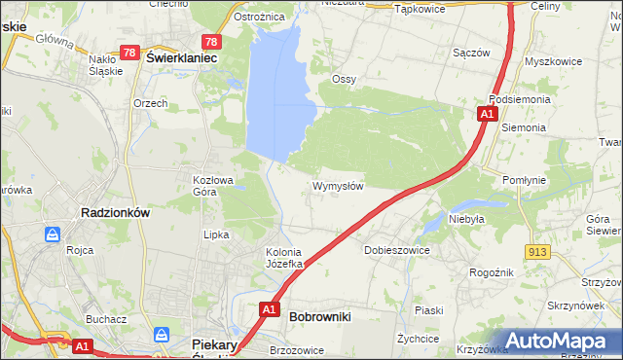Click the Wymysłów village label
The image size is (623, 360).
tap(338, 186)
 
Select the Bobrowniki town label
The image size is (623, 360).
tap(320, 316)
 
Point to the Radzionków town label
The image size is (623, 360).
tap(114, 214)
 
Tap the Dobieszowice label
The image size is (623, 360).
tap(396, 250)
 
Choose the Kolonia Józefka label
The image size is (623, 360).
tap(286, 258)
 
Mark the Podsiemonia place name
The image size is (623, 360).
tap(521, 99)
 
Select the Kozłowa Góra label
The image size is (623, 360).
tap(213, 185)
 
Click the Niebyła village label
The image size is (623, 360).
tap(466, 219)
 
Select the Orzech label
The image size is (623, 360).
tap(151, 103)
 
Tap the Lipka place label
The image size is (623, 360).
tap(215, 234)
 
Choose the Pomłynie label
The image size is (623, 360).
tap(528, 180)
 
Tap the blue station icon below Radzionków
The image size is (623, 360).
tap(52, 234)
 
